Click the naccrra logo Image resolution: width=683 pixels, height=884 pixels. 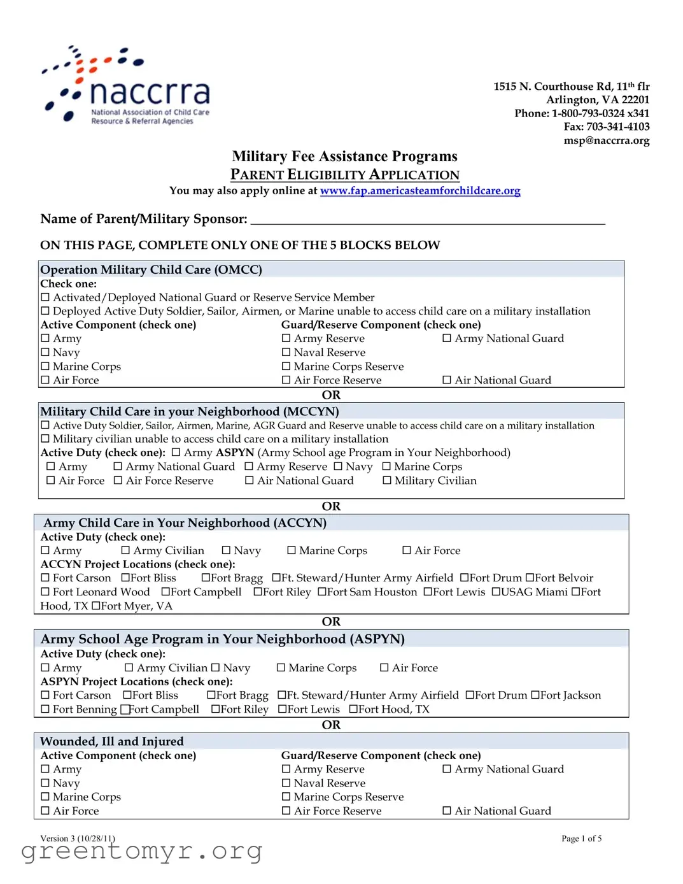click(126, 86)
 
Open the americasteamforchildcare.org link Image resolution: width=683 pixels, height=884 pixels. click(419, 190)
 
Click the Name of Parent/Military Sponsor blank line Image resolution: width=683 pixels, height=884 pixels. click(427, 219)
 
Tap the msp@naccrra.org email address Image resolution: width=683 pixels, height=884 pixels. click(606, 140)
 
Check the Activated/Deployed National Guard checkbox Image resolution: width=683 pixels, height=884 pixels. click(45, 297)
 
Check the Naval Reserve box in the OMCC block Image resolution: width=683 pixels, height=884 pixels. click(286, 352)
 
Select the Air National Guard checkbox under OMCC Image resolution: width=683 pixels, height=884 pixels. click(447, 380)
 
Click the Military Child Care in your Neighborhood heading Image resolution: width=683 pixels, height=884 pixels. click(189, 411)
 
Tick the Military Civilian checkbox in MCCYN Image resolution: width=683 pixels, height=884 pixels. click(387, 481)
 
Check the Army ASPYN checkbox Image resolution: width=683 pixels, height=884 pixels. click(176, 453)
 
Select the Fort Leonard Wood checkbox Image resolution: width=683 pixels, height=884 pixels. click(45, 592)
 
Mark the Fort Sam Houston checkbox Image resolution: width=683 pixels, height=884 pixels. click(322, 592)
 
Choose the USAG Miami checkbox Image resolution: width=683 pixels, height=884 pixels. click(496, 592)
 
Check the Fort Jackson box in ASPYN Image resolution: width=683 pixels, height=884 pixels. click(535, 695)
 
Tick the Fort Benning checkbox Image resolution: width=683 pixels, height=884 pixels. click(45, 709)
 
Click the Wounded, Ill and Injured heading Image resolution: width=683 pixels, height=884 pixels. click(111, 741)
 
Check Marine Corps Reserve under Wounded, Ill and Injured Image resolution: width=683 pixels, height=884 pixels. click(286, 797)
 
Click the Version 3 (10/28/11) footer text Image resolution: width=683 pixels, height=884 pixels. click(78, 838)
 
